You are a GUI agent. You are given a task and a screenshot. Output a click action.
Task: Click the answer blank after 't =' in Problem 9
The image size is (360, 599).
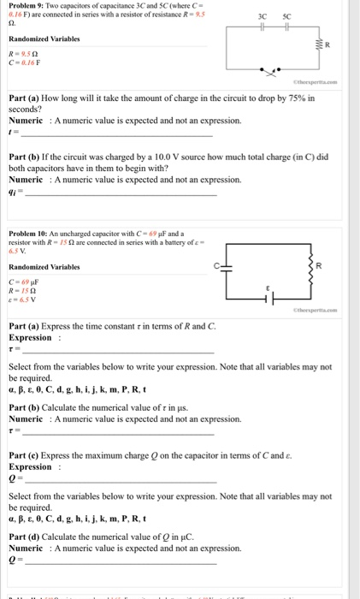coord(115,133)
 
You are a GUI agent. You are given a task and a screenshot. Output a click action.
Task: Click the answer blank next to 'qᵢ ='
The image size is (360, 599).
coord(121,193)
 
